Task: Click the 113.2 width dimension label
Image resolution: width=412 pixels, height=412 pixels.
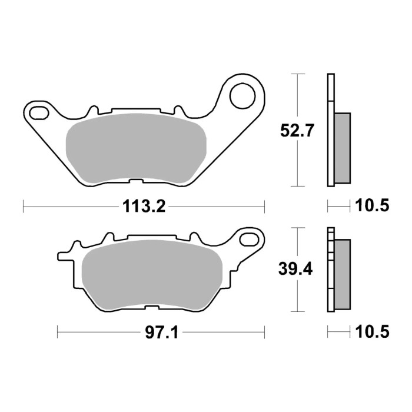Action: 143,207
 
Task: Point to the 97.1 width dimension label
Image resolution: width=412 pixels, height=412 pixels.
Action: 159,333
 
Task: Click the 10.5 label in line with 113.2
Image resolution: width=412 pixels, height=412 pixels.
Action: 372,207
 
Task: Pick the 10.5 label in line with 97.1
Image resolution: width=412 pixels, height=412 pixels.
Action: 372,333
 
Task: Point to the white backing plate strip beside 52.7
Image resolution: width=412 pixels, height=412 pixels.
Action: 330,129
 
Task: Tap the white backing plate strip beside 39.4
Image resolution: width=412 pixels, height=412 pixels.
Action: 330,271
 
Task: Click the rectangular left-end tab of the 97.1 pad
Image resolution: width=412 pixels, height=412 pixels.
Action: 64,257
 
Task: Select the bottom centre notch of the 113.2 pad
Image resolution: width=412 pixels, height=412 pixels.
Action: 135,181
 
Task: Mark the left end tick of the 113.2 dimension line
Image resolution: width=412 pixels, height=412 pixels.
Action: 23,207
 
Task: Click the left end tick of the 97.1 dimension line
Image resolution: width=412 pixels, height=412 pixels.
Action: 57,333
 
